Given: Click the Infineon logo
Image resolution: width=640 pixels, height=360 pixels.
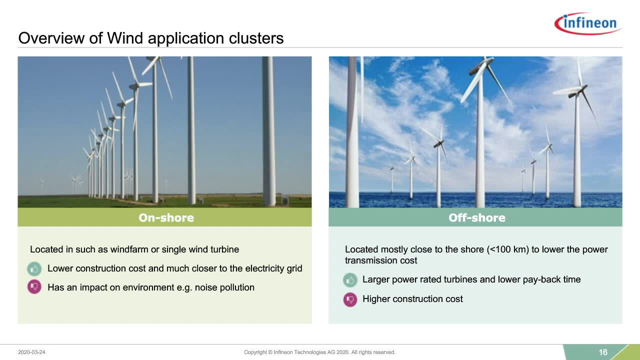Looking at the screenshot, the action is [x=588, y=23].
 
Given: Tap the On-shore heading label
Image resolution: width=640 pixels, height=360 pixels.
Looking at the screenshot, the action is [x=166, y=217].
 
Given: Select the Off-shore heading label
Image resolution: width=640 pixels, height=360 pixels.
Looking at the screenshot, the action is [x=477, y=217].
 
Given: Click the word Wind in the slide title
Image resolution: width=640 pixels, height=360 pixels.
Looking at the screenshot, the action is [x=125, y=38].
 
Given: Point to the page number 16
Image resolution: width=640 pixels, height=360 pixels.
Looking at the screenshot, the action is [x=603, y=352].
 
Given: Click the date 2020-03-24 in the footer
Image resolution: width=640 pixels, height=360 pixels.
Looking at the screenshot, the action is [x=31, y=352].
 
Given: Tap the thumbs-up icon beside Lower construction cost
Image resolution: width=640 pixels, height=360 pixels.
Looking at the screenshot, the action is [x=34, y=269].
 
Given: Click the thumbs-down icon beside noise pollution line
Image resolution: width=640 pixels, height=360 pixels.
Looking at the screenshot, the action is [x=34, y=287].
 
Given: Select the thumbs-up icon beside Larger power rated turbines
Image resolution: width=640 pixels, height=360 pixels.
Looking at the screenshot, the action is [x=350, y=280].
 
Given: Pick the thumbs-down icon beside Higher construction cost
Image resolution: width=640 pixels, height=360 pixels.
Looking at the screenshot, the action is [x=350, y=299].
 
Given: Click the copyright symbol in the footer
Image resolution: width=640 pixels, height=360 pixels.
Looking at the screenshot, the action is [x=270, y=352].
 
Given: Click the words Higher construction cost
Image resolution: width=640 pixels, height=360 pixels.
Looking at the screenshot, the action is [x=412, y=299].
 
